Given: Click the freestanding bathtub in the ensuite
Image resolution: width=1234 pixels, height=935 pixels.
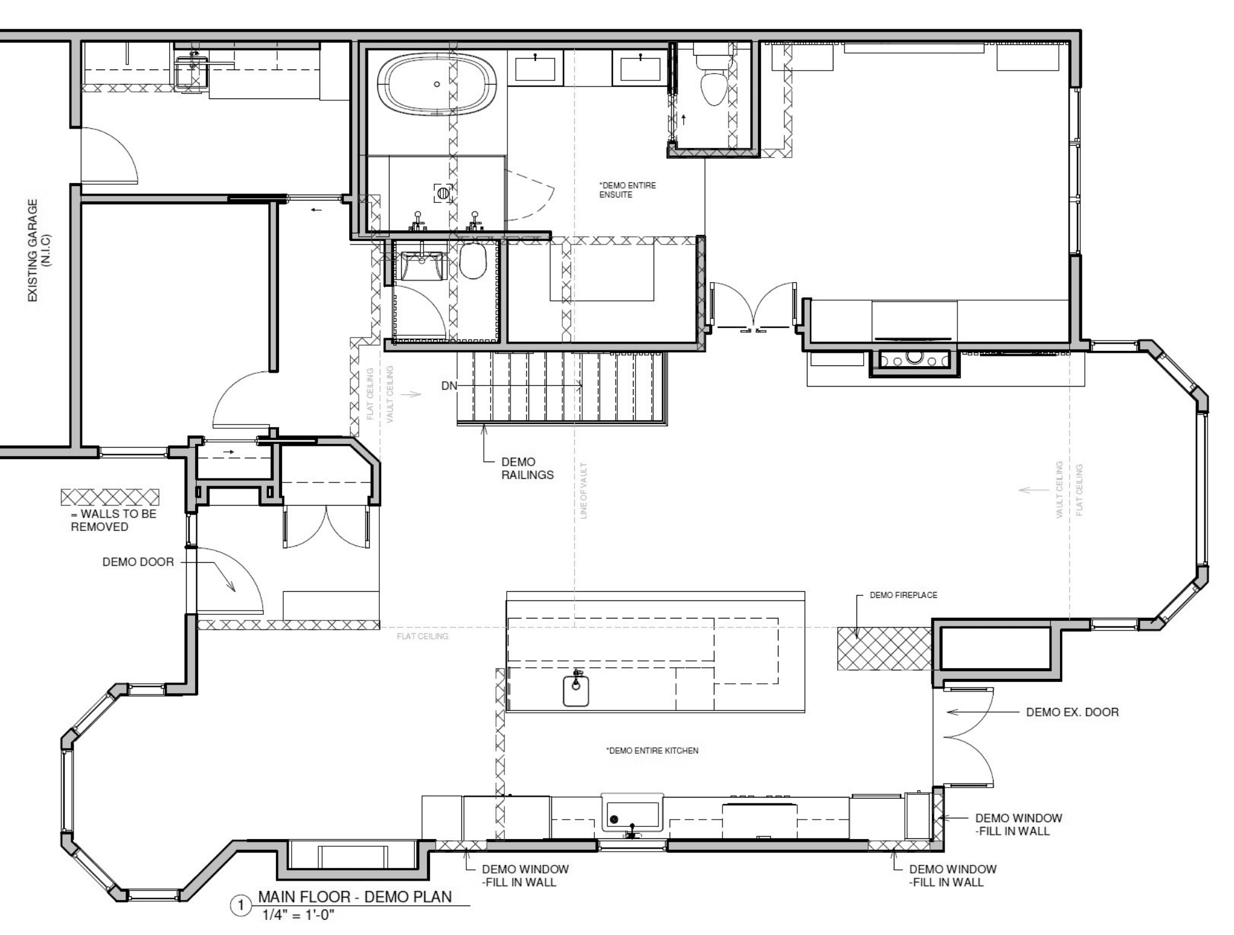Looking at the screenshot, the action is pyautogui.click(x=437, y=85).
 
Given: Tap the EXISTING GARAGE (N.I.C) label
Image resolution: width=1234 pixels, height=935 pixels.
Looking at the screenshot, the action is pyautogui.click(x=40, y=251).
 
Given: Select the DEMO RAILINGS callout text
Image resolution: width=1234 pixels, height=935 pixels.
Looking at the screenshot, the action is pyautogui.click(x=527, y=469).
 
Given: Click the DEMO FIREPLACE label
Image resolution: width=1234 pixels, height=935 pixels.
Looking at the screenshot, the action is pyautogui.click(x=904, y=595).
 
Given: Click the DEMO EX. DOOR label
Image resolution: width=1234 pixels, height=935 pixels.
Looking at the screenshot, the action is pyautogui.click(x=1072, y=712).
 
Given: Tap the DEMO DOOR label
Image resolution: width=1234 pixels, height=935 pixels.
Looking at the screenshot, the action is pyautogui.click(x=138, y=562).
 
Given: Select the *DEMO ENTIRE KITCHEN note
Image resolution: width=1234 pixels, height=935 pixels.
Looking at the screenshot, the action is pyautogui.click(x=652, y=751).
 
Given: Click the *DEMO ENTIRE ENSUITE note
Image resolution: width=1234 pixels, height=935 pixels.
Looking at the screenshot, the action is pyautogui.click(x=627, y=190).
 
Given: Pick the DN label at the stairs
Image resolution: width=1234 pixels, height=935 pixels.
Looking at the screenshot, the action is pyautogui.click(x=449, y=386).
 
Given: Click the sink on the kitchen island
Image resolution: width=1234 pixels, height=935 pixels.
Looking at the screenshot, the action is pyautogui.click(x=576, y=689).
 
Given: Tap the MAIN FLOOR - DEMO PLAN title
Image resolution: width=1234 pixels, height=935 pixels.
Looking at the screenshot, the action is pyautogui.click(x=355, y=897).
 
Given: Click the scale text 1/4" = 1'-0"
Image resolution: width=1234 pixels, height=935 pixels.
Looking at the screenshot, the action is pyautogui.click(x=298, y=915).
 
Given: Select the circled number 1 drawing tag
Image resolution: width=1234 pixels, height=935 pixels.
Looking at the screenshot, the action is pyautogui.click(x=241, y=906).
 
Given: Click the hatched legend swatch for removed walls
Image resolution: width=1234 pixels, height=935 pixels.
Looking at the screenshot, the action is pyautogui.click(x=110, y=497).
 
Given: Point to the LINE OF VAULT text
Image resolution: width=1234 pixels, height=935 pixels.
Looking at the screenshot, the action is pyautogui.click(x=583, y=490).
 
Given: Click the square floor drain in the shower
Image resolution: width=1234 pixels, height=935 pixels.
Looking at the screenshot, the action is pyautogui.click(x=443, y=193).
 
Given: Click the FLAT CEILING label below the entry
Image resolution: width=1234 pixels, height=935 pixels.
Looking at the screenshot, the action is pyautogui.click(x=423, y=637).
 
